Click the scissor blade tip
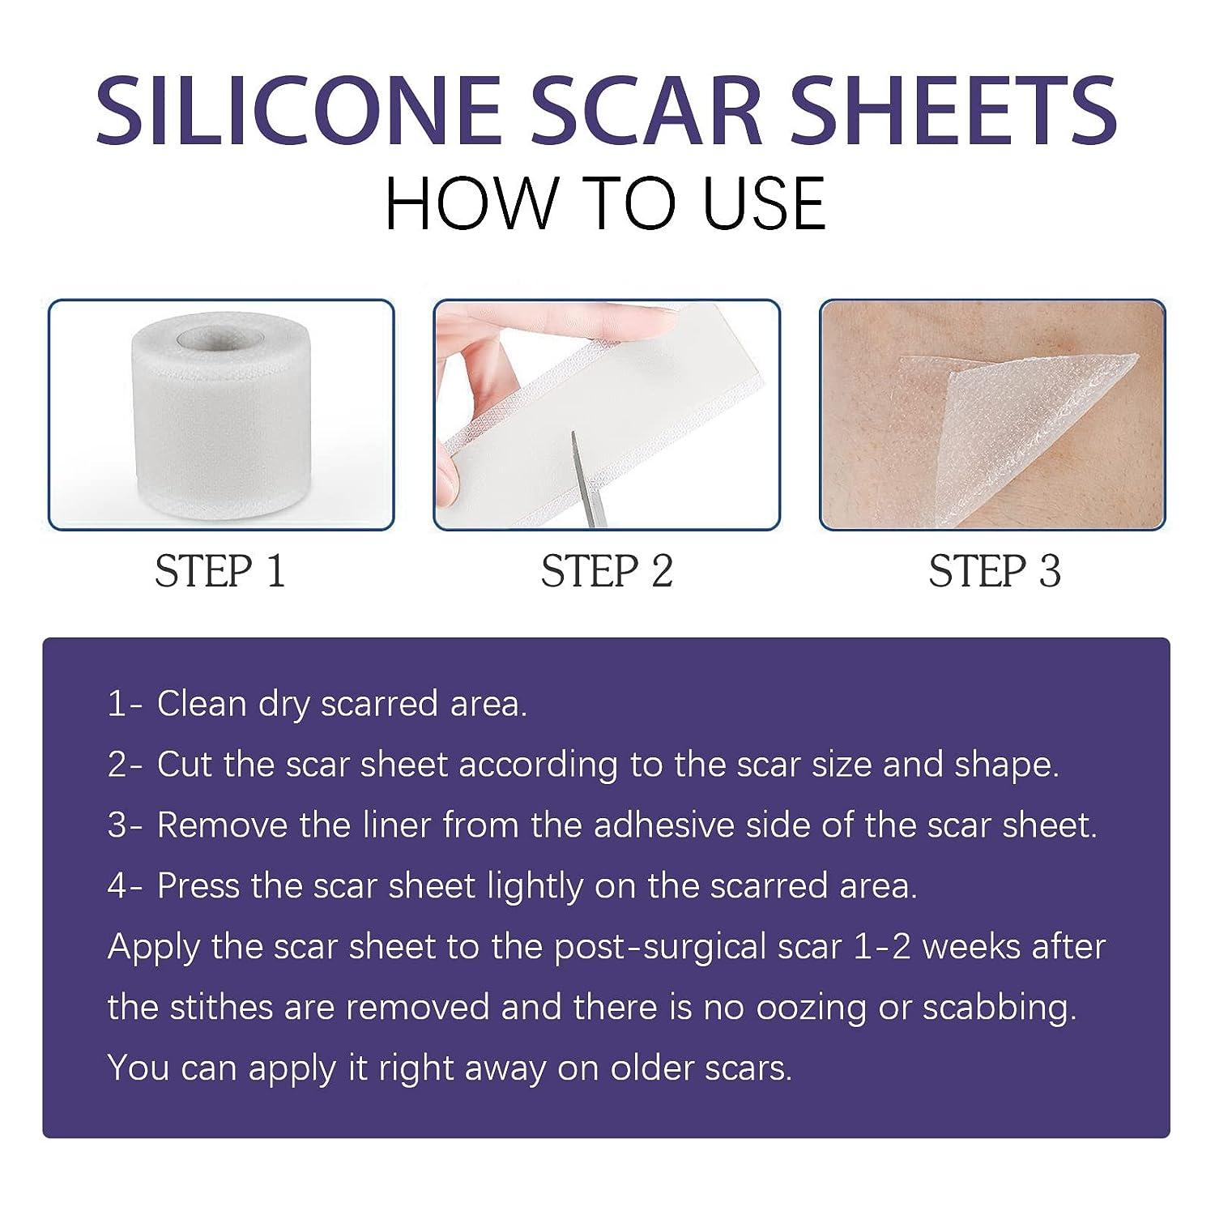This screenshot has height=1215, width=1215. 572,438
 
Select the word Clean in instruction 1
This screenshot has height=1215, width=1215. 202,704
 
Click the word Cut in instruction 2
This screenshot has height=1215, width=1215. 185,765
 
